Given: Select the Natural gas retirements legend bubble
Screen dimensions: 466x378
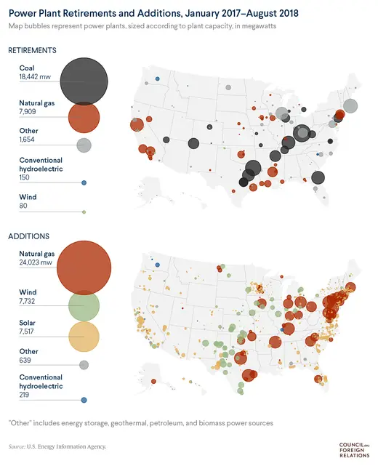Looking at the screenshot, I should coord(84,115).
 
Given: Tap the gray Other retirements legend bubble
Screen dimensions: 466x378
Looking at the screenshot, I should coord(84,145).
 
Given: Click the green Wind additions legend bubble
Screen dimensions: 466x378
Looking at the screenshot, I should coord(84,306).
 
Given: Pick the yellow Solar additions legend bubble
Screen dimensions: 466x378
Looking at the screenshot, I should coord(84,337).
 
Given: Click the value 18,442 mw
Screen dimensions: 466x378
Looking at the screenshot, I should coord(36,76).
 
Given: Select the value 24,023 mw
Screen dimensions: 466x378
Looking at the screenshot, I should coord(37,262).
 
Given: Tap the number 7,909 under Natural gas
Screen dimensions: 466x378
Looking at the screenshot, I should coord(31,113).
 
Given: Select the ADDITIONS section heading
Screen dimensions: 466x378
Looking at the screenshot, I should coord(28,237).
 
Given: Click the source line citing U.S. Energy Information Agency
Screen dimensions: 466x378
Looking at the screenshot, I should coord(57,446).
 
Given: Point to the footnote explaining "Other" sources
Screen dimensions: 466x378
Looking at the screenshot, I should coord(140,422).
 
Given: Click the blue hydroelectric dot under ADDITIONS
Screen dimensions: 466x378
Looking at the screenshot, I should coord(84,400).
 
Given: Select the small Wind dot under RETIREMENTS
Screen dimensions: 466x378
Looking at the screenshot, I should coord(84,212).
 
